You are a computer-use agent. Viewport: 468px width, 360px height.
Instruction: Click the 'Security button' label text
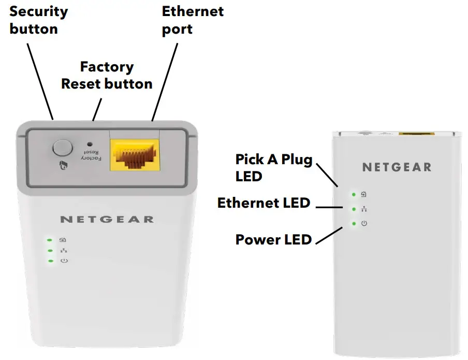(39, 20)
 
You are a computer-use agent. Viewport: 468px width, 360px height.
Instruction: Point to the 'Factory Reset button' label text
(107, 75)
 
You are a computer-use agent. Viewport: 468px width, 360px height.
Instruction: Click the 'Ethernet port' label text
(193, 20)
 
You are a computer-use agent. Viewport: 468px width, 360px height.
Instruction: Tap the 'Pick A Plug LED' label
(274, 167)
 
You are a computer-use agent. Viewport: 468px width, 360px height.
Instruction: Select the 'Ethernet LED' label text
(264, 203)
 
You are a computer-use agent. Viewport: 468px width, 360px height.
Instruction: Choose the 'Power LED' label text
(273, 239)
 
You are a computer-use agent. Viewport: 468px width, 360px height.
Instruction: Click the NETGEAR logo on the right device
(397, 167)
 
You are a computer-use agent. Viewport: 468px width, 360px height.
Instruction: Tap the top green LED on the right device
(354, 195)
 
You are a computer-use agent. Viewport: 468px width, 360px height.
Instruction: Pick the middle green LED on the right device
(354, 209)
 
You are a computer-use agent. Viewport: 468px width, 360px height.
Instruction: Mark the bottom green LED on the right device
(354, 223)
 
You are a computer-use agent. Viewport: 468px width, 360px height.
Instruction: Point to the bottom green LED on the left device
(50, 261)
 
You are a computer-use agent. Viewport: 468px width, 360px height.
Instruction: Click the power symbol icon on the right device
(364, 223)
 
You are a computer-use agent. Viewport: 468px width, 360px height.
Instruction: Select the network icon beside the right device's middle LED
(364, 209)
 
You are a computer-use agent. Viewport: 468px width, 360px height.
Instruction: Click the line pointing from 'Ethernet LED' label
(328, 207)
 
